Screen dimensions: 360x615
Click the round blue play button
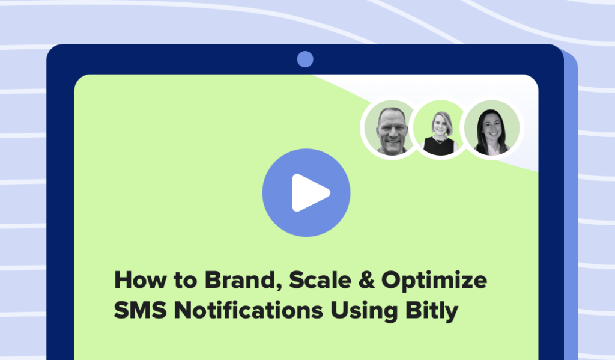point(306,192)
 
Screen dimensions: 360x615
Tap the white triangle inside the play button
point(310,192)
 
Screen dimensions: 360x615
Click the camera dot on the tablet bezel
point(305,59)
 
